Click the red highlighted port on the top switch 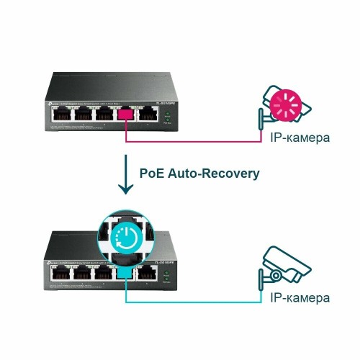127,114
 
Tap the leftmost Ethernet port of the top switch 61,114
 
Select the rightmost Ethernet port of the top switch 149,114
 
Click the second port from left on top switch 83,114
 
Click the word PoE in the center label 154,174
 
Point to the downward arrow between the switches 127,179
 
